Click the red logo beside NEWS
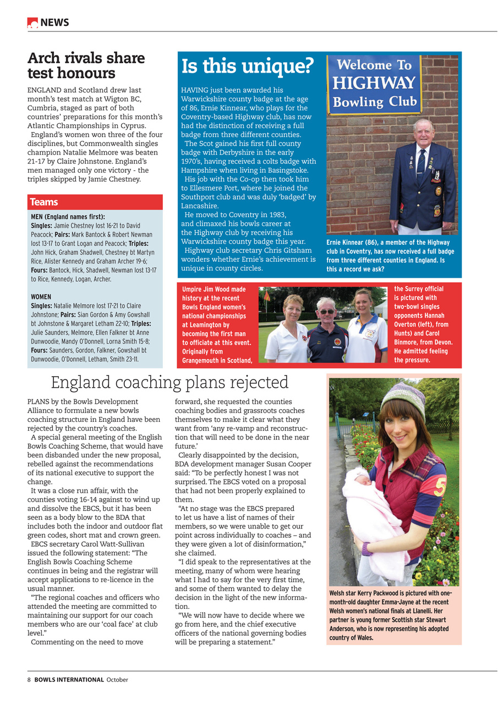[x=32, y=23]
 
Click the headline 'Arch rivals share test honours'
[x=86, y=65]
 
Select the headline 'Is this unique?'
[x=247, y=67]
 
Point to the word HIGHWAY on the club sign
[x=374, y=84]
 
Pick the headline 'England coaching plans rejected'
[x=169, y=382]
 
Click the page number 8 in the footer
[x=29, y=679]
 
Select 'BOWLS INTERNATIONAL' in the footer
[x=69, y=679]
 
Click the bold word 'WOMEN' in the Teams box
[x=41, y=297]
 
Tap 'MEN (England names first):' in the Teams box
[x=68, y=217]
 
